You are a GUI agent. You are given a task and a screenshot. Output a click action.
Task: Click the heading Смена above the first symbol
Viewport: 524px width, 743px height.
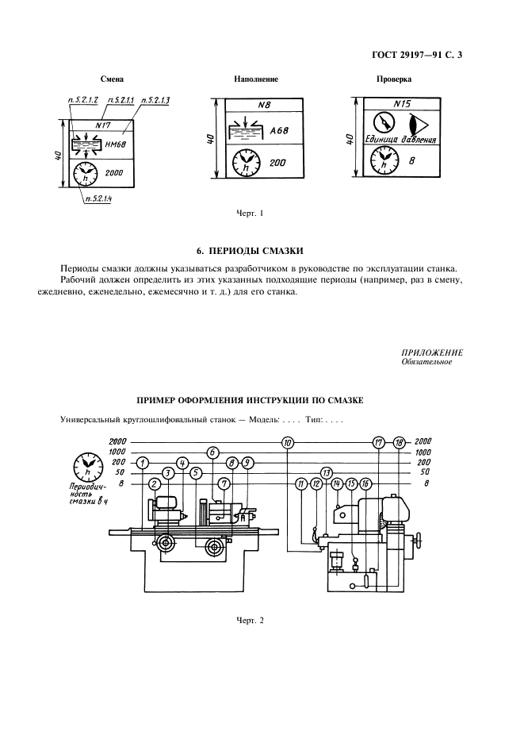point(113,80)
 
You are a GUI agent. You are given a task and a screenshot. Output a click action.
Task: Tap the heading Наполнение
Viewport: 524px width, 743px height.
point(256,80)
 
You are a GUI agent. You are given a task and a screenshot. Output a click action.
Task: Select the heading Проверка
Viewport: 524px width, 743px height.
point(393,80)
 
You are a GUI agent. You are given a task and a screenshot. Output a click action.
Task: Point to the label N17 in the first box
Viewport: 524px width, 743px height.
point(101,125)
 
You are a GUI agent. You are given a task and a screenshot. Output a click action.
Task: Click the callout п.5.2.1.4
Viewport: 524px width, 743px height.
point(98,199)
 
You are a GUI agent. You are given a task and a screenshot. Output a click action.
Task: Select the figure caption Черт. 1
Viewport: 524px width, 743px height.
point(250,214)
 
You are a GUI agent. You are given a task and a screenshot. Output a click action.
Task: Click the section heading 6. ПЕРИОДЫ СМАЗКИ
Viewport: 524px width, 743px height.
point(261,251)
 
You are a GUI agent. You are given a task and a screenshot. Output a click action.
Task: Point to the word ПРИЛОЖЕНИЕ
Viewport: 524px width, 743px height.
point(432,352)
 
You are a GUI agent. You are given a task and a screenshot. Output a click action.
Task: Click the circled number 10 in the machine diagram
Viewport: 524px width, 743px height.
point(287,441)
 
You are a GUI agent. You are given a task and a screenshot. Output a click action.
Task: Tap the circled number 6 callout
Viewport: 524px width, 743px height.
point(212,452)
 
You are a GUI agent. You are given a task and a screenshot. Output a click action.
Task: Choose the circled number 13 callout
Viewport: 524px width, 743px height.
point(326,472)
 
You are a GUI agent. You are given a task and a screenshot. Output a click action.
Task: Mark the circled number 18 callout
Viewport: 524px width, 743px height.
point(398,441)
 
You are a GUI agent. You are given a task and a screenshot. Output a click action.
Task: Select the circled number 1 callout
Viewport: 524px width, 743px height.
point(142,463)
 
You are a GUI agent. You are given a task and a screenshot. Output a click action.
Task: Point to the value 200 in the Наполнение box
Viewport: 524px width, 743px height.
point(277,163)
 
